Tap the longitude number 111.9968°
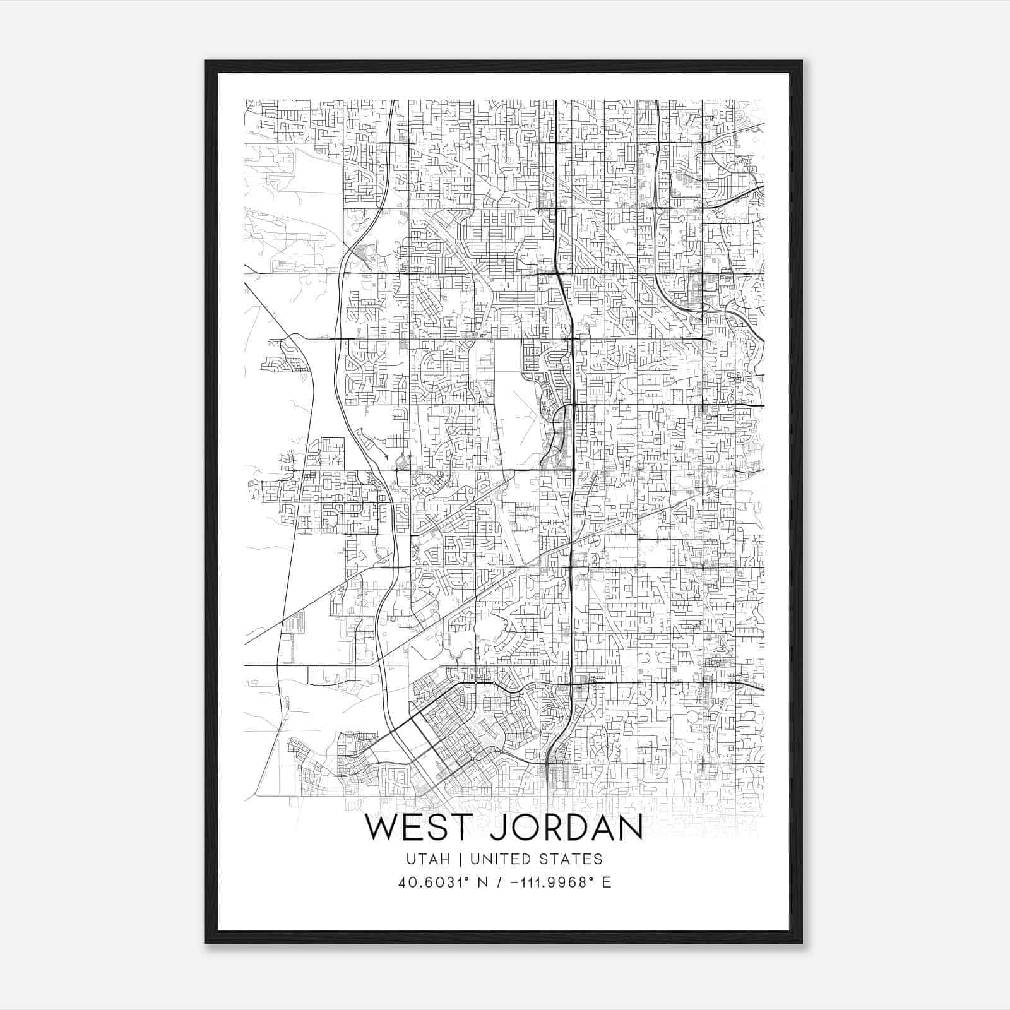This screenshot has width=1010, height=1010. click(550, 882)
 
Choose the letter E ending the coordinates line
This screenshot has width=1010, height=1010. click(607, 882)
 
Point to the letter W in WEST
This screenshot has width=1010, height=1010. click(381, 828)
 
